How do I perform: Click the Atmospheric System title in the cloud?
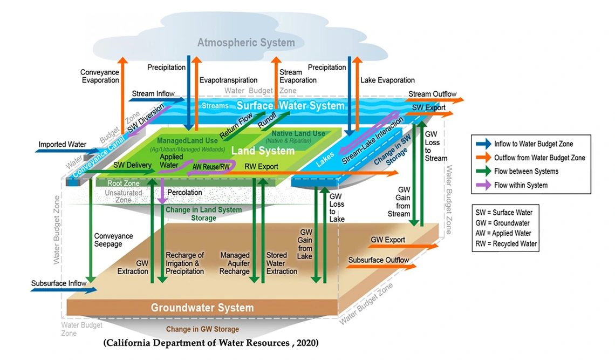tap(246, 43)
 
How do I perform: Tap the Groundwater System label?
tap(202, 308)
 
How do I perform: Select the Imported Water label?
tap(62, 145)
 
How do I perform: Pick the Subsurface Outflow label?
tap(378, 260)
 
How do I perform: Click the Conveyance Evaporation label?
tap(100, 76)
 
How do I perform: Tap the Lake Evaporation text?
tap(387, 80)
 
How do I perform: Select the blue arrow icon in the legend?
tap(484, 144)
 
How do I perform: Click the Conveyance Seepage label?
tap(113, 240)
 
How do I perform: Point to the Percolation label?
tap(184, 192)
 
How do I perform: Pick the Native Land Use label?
tap(298, 133)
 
